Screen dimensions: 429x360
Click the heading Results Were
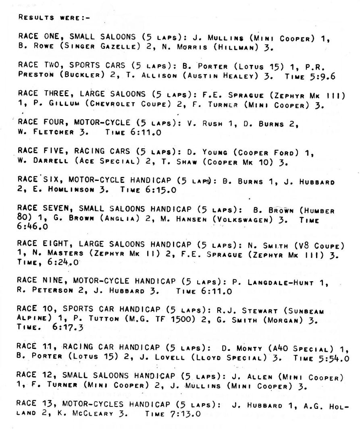pyautogui.click(x=55, y=18)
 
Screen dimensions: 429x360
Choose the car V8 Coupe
pyautogui.click(x=319, y=246)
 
